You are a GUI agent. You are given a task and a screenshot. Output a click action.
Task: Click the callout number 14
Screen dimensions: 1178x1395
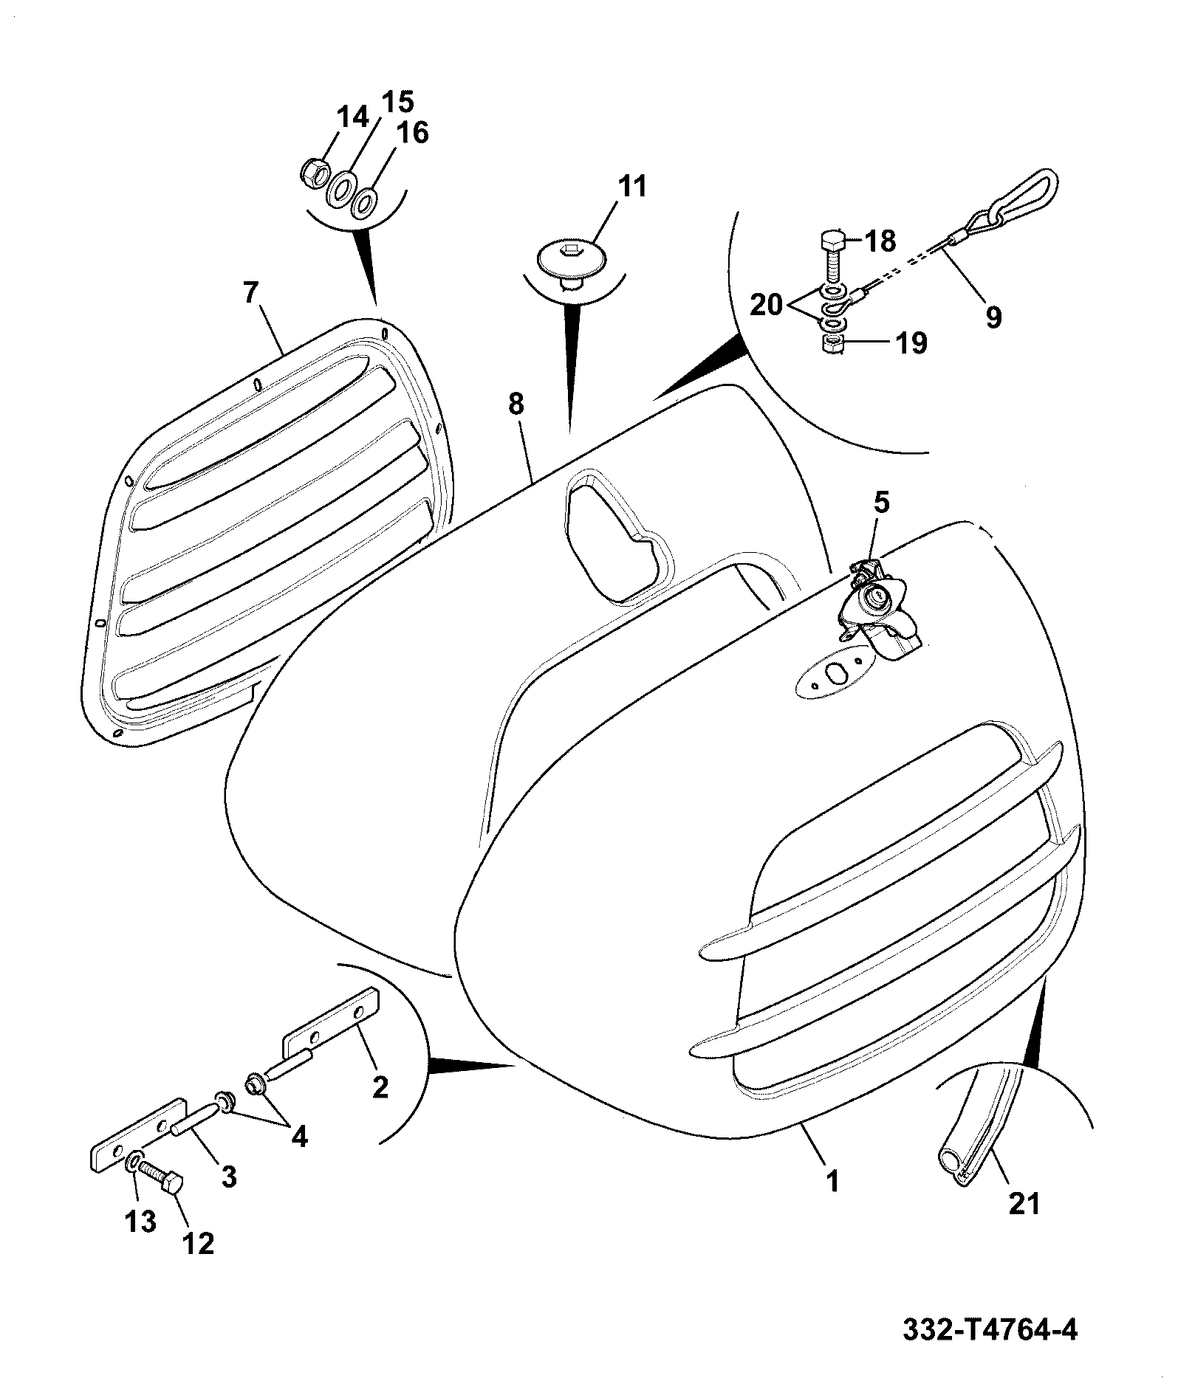pos(352,118)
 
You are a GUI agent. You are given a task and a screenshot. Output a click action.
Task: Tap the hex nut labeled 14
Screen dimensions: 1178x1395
pos(314,171)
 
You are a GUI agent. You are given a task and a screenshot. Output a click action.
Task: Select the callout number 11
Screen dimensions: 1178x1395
pos(631,187)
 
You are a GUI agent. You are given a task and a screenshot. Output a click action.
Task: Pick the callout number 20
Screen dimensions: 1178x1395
pos(767,304)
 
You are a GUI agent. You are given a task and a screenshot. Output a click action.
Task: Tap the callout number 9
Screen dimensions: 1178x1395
pos(993,317)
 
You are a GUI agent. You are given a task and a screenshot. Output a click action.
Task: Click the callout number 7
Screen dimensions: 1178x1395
pos(250,293)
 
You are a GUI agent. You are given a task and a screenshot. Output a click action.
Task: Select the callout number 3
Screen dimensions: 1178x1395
pos(229,1177)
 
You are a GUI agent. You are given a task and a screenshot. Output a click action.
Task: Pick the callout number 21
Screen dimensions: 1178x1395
pos(1024,1204)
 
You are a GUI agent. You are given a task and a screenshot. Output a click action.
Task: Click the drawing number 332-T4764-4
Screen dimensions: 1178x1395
pos(990,1331)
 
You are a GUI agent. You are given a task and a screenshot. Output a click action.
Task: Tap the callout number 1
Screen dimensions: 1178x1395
pos(833,1182)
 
